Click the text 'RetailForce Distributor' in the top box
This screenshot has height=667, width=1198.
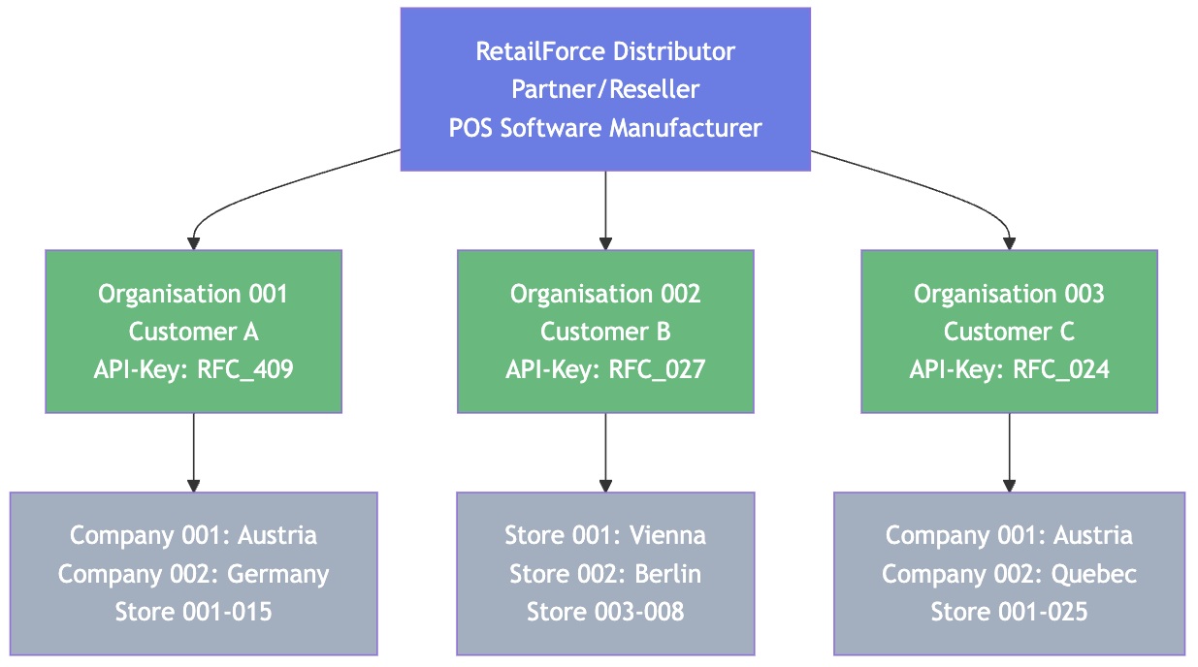(605, 51)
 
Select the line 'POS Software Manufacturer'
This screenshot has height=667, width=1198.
(605, 128)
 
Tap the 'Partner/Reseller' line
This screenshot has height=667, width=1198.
(605, 89)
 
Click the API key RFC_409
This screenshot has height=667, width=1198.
(246, 369)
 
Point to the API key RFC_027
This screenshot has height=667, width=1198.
(657, 369)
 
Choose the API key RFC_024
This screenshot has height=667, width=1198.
(1061, 369)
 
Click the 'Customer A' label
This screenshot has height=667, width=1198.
(194, 332)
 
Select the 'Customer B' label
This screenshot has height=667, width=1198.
(605, 332)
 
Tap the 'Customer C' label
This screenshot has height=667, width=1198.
(1009, 332)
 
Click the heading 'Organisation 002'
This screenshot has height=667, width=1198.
(605, 294)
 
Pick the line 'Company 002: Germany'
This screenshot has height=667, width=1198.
(194, 574)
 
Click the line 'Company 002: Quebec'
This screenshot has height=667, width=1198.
(1009, 574)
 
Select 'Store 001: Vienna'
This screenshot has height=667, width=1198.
(605, 535)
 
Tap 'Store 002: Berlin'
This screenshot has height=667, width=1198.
(605, 574)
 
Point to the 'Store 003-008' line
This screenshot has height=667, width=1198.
(605, 612)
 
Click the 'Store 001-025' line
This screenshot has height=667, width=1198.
(1009, 612)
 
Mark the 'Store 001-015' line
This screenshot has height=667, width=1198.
(194, 612)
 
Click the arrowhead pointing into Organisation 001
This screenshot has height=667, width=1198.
(194, 243)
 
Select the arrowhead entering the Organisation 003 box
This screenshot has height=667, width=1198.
(1009, 243)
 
